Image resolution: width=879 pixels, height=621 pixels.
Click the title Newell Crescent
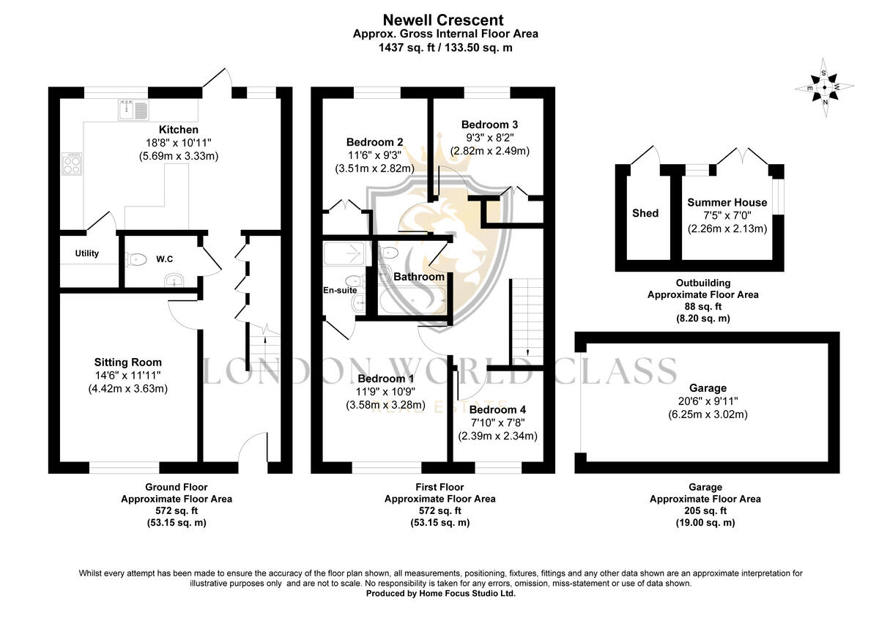pyautogui.click(x=444, y=21)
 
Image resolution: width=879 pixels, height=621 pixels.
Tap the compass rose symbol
pyautogui.click(x=824, y=87)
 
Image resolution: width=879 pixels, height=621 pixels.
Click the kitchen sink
pyautogui.click(x=132, y=111)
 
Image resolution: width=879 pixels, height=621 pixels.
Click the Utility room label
pyautogui.click(x=86, y=253)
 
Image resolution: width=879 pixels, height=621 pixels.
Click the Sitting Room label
pyautogui.click(x=128, y=362)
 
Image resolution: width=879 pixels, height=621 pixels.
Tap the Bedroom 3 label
pyautogui.click(x=490, y=124)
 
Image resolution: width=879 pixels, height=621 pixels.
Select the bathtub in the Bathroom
pyautogui.click(x=412, y=300)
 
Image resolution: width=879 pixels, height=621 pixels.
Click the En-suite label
pyautogui.click(x=340, y=290)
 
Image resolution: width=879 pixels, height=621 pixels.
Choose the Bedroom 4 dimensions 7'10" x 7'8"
pyautogui.click(x=498, y=423)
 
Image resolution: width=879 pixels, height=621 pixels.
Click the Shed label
pyautogui.click(x=645, y=213)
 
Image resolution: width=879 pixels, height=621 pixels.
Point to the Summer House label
pyautogui.click(x=727, y=203)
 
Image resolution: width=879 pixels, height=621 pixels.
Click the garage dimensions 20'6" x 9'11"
pyautogui.click(x=708, y=401)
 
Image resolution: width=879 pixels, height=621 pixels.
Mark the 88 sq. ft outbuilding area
pyautogui.click(x=702, y=307)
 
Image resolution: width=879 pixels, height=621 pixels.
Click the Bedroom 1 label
pyautogui.click(x=385, y=379)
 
